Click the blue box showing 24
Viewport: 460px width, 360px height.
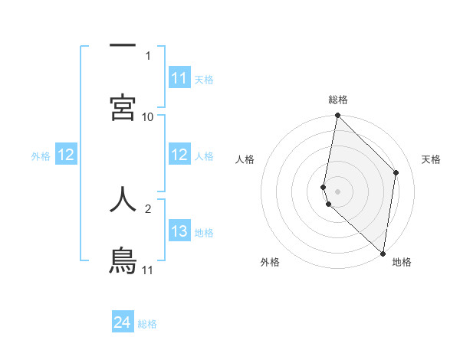click(x=123, y=322)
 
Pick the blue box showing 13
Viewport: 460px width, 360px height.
click(x=179, y=231)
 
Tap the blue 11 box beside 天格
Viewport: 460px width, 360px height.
click(x=179, y=78)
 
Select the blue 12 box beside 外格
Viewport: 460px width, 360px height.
click(x=66, y=155)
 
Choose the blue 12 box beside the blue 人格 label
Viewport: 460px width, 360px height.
click(x=179, y=155)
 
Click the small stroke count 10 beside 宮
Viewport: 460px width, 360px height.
click(x=148, y=116)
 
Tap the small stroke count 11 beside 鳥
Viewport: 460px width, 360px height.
click(x=147, y=270)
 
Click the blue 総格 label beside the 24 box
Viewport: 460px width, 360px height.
click(x=147, y=324)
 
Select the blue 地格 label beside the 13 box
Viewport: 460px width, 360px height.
click(x=204, y=232)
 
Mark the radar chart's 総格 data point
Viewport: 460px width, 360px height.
click(x=337, y=116)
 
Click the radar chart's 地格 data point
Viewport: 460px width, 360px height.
click(x=383, y=253)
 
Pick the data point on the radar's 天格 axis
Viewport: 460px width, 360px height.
click(x=396, y=172)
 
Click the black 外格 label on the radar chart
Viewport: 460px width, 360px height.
click(x=270, y=262)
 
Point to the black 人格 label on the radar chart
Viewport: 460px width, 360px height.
click(x=245, y=159)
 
